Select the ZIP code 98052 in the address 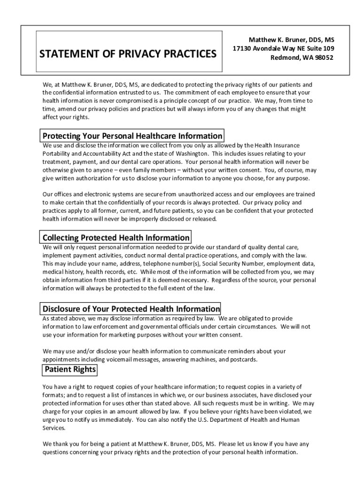[322, 58]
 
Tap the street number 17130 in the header [244, 49]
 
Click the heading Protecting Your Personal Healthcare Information [132, 136]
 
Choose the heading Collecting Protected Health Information [116, 238]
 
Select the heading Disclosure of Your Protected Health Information [131, 309]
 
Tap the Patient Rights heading [70, 370]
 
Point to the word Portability [57, 153]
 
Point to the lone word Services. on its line [54, 428]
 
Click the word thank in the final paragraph [61, 444]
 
